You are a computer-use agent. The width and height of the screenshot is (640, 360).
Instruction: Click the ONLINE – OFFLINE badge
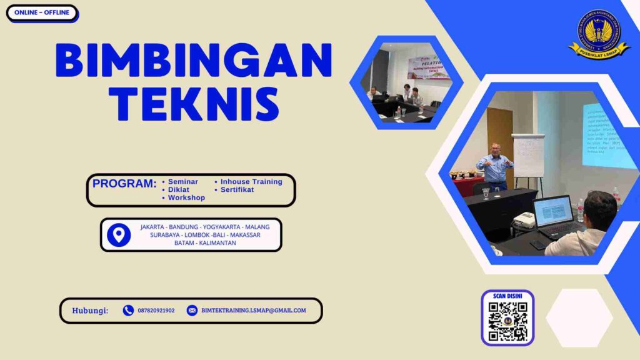point(42,13)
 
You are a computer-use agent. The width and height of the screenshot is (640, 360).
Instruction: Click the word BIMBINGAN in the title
point(194,61)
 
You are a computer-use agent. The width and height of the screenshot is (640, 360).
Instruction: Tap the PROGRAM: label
point(124,184)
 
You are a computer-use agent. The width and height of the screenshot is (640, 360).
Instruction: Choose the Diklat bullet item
point(179,189)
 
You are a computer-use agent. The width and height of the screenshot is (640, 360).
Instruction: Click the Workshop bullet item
point(186,197)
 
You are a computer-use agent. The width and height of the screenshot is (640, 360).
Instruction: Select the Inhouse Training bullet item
point(251,182)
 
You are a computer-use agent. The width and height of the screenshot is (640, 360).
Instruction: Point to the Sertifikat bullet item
point(237,189)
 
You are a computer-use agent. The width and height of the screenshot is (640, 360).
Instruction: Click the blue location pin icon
point(119,234)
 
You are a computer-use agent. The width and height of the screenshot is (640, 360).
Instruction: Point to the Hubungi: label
point(90,311)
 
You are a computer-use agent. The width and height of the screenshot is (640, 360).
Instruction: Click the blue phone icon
point(128,311)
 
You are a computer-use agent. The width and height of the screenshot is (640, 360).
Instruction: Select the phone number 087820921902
point(156,311)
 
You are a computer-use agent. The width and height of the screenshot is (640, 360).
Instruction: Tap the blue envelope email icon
point(192,311)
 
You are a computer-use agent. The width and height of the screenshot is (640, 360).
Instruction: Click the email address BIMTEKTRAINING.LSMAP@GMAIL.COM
point(254,311)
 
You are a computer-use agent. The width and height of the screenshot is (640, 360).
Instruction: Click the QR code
point(507,322)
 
